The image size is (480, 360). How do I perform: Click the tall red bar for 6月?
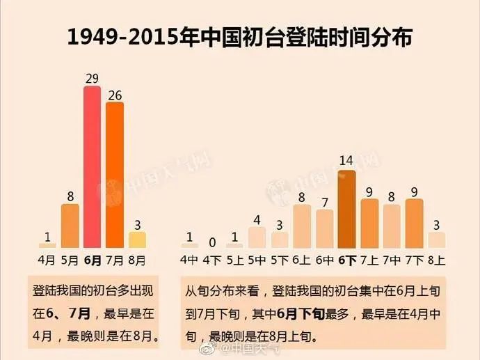click(x=92, y=167)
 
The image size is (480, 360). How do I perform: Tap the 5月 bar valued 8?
click(x=70, y=226)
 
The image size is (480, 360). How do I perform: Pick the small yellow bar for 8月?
click(x=138, y=240)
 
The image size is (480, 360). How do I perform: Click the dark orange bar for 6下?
click(x=346, y=209)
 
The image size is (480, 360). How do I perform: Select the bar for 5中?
click(x=257, y=237)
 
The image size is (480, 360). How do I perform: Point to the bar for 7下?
click(x=414, y=223)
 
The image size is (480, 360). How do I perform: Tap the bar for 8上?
click(x=436, y=240)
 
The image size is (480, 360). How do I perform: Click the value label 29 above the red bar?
click(x=92, y=79)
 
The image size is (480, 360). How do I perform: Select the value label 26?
click(x=115, y=94)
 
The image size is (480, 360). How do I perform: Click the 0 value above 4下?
click(x=212, y=242)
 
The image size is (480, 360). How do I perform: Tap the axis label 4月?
click(x=47, y=260)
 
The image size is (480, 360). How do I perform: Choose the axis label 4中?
click(x=189, y=260)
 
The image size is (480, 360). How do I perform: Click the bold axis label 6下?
click(x=346, y=260)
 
